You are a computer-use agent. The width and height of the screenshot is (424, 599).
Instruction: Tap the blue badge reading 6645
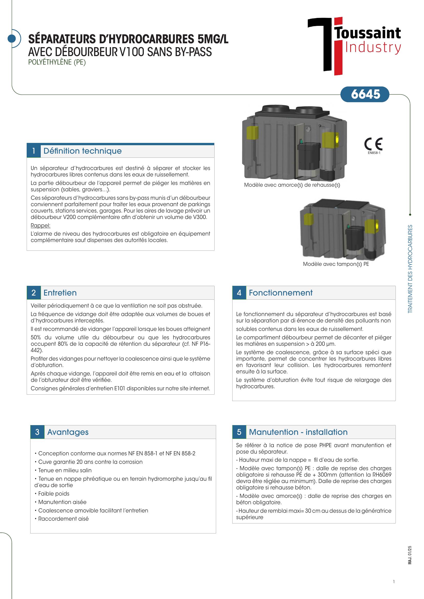pyautogui.click(x=365, y=94)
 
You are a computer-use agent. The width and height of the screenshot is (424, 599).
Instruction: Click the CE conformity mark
pyautogui.click(x=373, y=144)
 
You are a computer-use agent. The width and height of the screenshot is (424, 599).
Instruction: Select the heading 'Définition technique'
pyautogui.click(x=83, y=151)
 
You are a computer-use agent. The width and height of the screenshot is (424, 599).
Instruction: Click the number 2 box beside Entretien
pyautogui.click(x=34, y=293)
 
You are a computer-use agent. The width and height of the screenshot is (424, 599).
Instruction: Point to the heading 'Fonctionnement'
pyautogui.click(x=280, y=293)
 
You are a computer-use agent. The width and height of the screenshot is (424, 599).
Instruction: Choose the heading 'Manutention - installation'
pyautogui.click(x=298, y=432)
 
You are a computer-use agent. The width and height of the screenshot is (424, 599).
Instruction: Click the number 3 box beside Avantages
pyautogui.click(x=37, y=432)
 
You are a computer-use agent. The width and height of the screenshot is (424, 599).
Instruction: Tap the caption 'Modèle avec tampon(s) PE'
pyautogui.click(x=336, y=264)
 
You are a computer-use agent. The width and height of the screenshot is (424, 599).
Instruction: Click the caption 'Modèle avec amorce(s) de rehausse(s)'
pyautogui.click(x=292, y=185)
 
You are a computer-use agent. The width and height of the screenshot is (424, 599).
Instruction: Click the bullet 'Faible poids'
pyautogui.click(x=54, y=493)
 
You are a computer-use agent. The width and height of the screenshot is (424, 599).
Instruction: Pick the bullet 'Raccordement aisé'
pyautogui.click(x=63, y=519)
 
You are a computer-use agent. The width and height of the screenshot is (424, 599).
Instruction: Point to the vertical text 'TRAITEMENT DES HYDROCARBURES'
pyautogui.click(x=410, y=269)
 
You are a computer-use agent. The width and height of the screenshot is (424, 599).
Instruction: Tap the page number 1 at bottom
pyautogui.click(x=394, y=582)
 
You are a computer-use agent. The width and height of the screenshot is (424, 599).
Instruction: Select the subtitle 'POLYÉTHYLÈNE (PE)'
pyautogui.click(x=57, y=62)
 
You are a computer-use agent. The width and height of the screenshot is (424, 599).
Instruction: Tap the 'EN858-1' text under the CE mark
pyautogui.click(x=374, y=153)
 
